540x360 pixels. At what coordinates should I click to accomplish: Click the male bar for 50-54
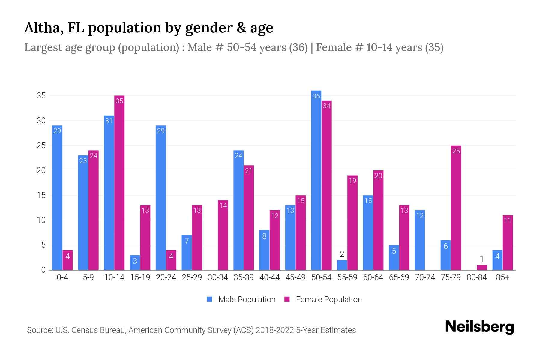(316, 180)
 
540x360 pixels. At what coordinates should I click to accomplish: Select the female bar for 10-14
(119, 183)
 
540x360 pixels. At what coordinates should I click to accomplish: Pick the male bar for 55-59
(342, 265)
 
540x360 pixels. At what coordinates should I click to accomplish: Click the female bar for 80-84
(482, 268)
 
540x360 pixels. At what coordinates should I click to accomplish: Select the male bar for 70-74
(420, 240)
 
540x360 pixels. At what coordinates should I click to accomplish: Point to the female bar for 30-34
(223, 235)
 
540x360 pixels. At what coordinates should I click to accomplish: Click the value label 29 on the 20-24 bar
(161, 131)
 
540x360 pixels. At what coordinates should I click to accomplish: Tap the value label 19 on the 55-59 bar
(352, 181)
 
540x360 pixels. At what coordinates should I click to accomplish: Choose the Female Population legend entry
(323, 299)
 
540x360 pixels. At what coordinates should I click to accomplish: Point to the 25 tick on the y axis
(41, 145)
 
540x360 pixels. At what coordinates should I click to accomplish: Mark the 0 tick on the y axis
(43, 270)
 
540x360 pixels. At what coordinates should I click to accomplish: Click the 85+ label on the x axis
(502, 277)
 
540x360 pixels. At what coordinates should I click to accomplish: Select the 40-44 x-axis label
(269, 277)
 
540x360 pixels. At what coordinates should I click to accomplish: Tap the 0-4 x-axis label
(62, 277)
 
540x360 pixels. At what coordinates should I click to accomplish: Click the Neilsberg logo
(479, 327)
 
